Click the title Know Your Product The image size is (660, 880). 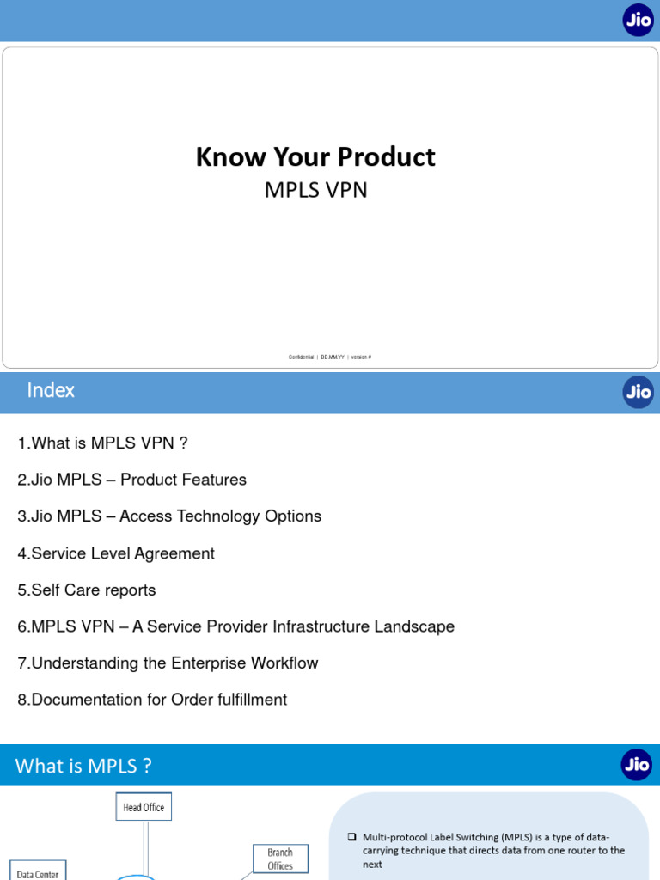(315, 156)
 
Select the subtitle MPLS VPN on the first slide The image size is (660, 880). (315, 190)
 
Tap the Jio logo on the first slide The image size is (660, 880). (638, 20)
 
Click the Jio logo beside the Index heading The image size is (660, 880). (638, 392)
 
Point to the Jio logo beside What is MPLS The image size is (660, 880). (637, 765)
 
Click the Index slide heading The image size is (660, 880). (51, 390)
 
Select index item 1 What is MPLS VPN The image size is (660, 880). (102, 443)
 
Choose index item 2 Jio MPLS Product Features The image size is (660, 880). (131, 480)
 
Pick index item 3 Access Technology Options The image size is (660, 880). (169, 516)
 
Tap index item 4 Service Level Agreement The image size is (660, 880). (116, 553)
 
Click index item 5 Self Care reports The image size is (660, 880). (87, 590)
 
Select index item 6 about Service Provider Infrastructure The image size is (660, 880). (235, 627)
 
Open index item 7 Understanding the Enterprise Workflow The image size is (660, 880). (168, 663)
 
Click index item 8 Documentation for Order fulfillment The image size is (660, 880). (152, 700)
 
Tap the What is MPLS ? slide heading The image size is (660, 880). (84, 766)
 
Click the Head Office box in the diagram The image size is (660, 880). (144, 807)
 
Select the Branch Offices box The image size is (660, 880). (280, 859)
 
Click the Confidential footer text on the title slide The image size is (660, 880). (302, 357)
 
